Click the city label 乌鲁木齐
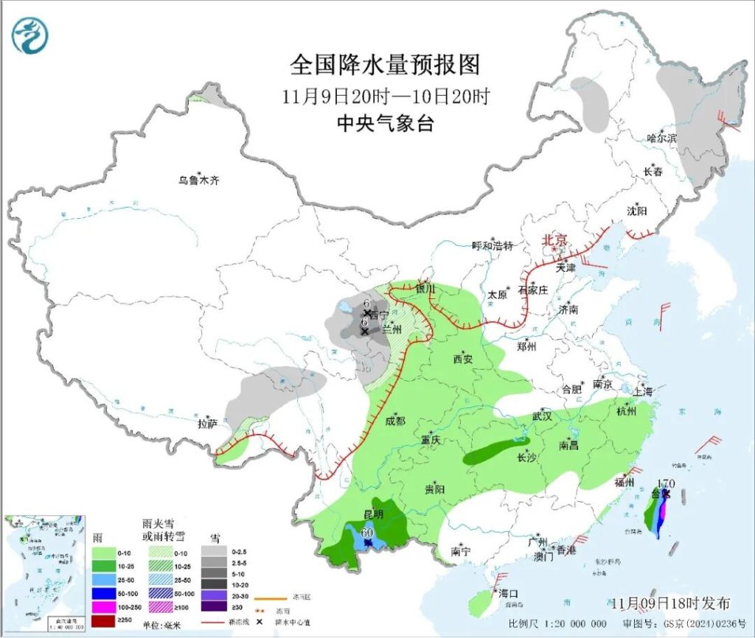(198, 180)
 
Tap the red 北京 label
(554, 240)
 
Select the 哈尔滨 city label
(661, 138)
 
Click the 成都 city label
(394, 421)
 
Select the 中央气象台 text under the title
(384, 124)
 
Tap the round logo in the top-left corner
(31, 34)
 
